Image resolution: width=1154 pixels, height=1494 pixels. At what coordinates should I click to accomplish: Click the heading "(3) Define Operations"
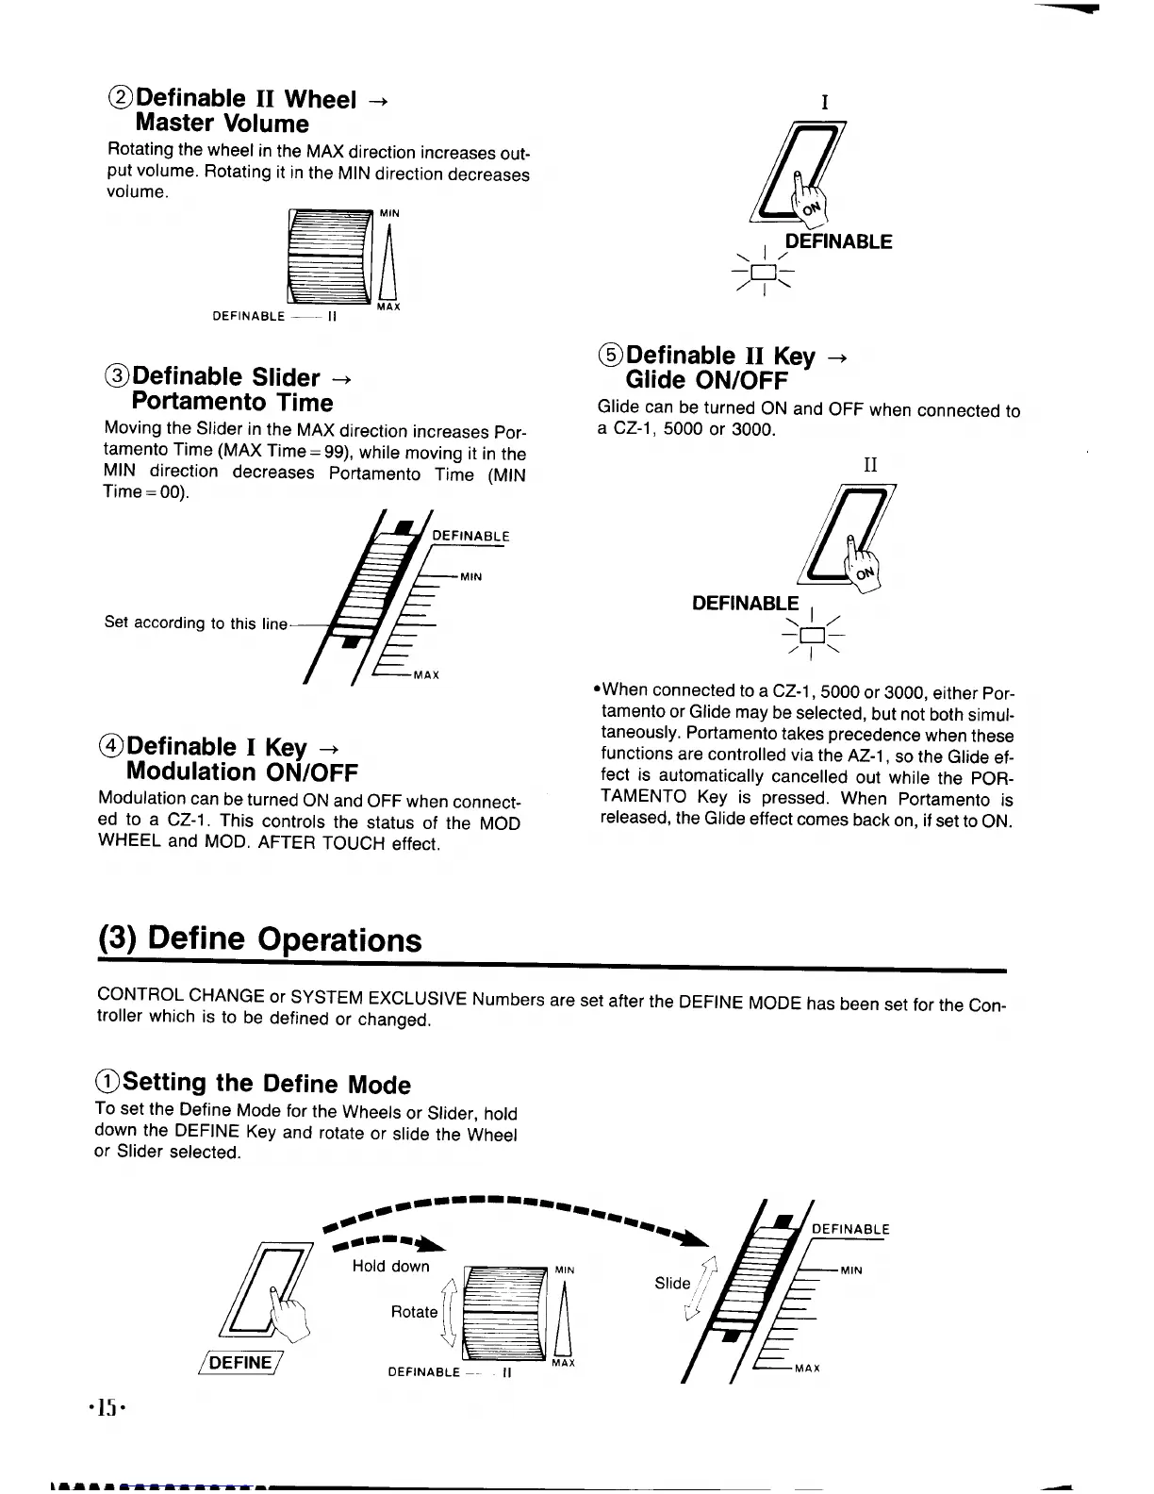260,939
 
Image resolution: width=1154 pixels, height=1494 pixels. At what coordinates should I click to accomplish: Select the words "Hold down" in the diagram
390,1266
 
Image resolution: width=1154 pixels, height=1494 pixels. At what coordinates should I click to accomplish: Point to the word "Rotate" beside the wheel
414,1312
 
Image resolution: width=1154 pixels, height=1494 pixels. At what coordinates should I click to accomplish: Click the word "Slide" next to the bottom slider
672,1283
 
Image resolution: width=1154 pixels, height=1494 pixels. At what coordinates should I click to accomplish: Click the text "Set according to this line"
195,622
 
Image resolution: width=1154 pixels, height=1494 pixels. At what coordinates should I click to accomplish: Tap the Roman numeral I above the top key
824,103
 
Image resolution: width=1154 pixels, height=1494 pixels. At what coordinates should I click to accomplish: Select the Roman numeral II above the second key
870,465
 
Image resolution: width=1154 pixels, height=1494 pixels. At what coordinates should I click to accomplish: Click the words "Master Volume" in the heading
222,124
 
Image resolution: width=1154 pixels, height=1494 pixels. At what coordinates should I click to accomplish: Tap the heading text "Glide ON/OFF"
706,380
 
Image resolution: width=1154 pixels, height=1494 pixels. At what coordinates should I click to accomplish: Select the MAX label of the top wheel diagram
388,307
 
